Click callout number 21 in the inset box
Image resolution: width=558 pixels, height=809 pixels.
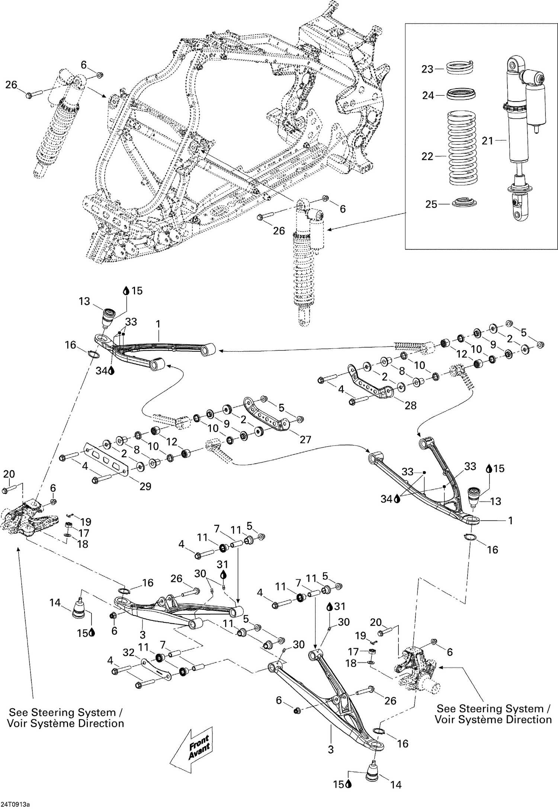pyautogui.click(x=487, y=141)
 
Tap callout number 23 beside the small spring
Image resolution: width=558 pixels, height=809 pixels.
pyautogui.click(x=427, y=69)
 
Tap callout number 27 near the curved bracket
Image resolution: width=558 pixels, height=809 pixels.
pyautogui.click(x=305, y=439)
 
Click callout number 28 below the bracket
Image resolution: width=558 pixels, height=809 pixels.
pyautogui.click(x=410, y=405)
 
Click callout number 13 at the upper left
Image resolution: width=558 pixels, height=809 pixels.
pyautogui.click(x=84, y=301)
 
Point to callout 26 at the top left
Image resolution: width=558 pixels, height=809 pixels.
pyautogui.click(x=11, y=85)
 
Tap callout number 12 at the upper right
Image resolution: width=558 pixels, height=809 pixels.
pyautogui.click(x=462, y=354)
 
